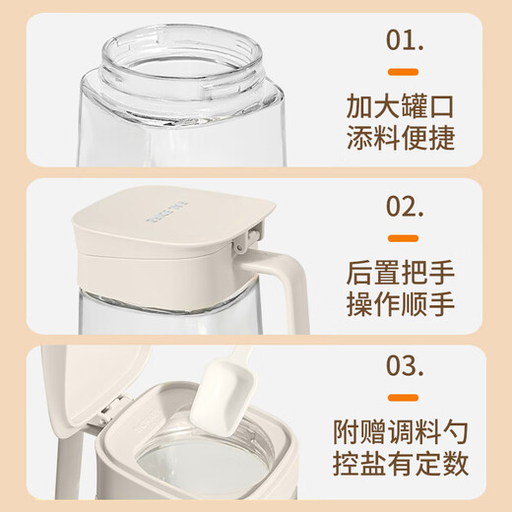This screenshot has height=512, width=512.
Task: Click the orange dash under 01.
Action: click(402, 72)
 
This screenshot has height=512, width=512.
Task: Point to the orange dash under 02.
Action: click(402, 238)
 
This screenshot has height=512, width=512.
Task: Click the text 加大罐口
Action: click(402, 104)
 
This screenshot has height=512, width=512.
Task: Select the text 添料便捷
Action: click(402, 138)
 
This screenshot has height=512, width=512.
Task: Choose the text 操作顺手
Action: click(402, 303)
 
